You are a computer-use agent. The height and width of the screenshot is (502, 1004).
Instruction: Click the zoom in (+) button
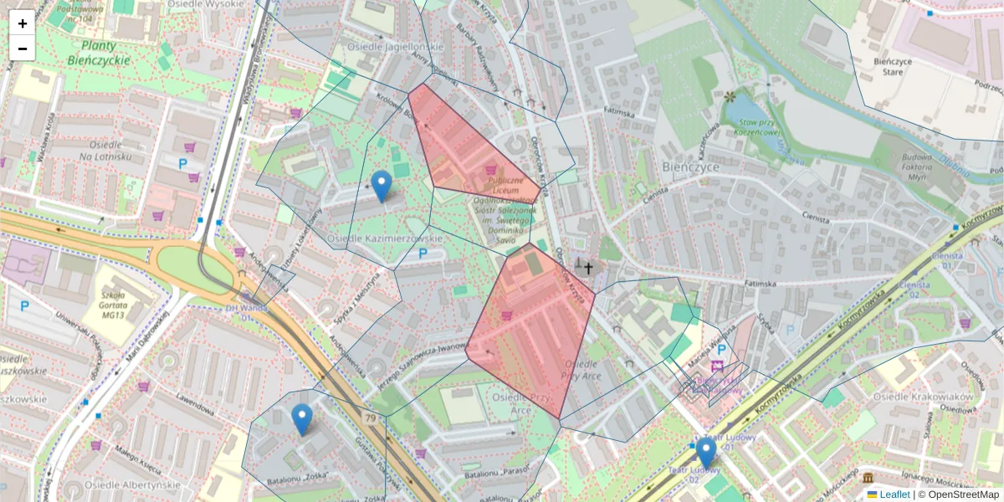23,23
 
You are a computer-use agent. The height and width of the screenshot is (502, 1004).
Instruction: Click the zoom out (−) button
23,49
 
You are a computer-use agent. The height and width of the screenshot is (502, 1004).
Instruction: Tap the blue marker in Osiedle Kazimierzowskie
382,186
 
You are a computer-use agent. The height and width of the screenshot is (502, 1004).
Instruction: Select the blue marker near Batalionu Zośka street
302,419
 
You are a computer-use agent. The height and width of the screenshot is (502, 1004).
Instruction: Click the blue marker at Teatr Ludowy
706,453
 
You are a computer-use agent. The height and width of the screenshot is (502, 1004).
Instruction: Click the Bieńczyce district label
690,166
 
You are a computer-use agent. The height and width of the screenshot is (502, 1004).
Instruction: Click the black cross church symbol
588,268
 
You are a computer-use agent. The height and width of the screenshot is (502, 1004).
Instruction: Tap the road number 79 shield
370,417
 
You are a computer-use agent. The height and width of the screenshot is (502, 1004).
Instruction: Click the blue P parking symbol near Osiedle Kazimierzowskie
423,253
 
